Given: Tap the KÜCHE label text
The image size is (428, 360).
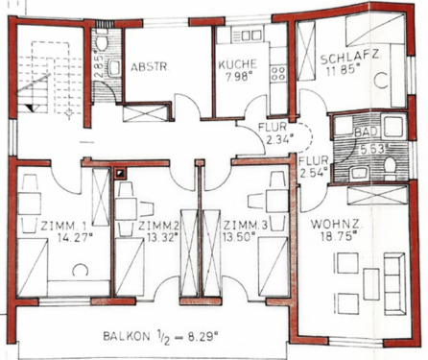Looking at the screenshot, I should (x=237, y=64).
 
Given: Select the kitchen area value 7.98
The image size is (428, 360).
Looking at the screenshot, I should (x=238, y=78).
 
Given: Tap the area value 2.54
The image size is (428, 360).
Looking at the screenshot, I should (x=313, y=174).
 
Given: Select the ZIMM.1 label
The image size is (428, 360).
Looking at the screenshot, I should (x=62, y=227).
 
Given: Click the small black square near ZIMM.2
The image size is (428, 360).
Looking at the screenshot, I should (x=121, y=174).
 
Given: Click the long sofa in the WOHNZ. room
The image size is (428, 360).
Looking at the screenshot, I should (x=393, y=280).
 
